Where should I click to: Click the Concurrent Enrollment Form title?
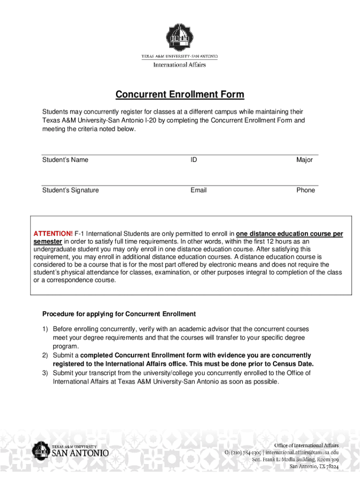[x=180, y=95]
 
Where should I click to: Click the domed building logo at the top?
[x=180, y=37]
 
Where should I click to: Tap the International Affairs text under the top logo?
[x=180, y=65]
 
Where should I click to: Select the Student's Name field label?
[x=65, y=160]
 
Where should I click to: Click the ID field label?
[x=194, y=160]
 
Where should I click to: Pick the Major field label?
[x=304, y=160]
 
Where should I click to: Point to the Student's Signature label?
[x=71, y=190]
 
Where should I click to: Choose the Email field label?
[x=198, y=190]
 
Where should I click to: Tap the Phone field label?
[x=306, y=190]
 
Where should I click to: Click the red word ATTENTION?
[x=53, y=234]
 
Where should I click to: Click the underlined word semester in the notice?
[x=48, y=241]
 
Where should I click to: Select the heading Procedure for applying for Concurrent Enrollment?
[x=119, y=314]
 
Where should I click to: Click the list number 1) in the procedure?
[x=45, y=329]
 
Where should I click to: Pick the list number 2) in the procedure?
[x=45, y=356]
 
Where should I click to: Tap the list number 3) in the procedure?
[x=45, y=373]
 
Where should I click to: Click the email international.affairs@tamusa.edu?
[x=302, y=452]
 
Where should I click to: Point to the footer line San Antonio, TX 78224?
[x=314, y=466]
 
